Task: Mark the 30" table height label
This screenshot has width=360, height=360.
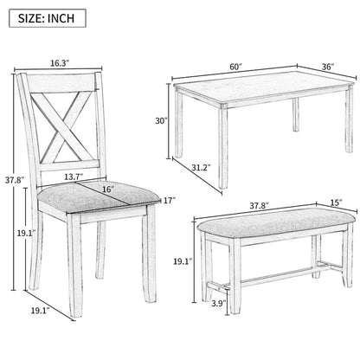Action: [x=161, y=121]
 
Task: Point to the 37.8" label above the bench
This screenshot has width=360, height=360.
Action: [x=256, y=206]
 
